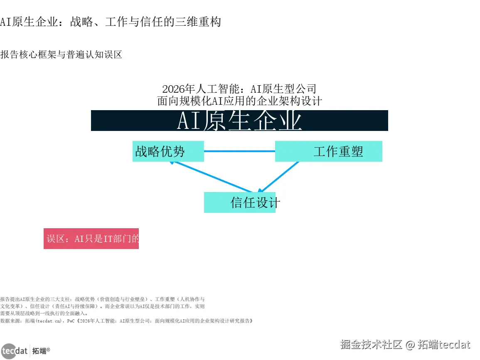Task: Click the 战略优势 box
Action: (168, 151)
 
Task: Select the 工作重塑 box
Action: (328, 151)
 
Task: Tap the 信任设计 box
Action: (240, 202)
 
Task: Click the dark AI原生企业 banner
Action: (239, 121)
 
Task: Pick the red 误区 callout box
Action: (91, 239)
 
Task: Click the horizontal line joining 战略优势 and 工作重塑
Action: (239, 151)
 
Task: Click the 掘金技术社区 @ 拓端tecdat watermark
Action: (405, 345)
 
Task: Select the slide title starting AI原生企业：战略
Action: (111, 22)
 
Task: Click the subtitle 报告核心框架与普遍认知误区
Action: (62, 54)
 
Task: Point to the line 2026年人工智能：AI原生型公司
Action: (239, 89)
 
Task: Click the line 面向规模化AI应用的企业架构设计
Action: (239, 101)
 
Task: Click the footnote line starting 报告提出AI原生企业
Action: (102, 299)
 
